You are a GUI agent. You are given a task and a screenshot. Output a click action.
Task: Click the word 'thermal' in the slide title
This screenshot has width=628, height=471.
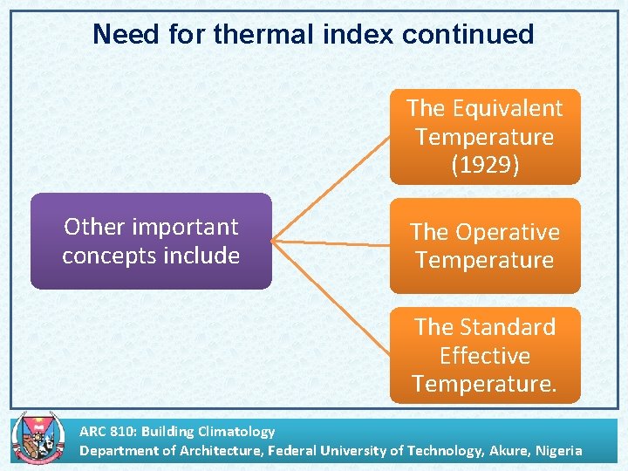coord(259,34)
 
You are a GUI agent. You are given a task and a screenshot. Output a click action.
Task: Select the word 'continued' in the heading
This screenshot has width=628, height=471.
coord(468,34)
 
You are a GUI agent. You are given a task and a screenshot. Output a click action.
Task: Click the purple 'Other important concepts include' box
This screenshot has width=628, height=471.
coord(151,241)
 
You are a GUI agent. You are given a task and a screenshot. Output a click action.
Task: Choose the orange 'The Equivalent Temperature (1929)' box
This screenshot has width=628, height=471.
coord(484,137)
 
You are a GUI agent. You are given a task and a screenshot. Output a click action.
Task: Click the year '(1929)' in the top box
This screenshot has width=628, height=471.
coord(484,166)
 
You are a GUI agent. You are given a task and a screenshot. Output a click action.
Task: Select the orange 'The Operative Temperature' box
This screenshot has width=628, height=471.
coord(484,246)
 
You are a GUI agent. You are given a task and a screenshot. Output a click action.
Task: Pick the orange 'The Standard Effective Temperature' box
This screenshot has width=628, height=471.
coord(484,355)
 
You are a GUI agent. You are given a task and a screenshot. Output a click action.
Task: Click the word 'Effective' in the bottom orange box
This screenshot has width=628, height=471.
coord(484,356)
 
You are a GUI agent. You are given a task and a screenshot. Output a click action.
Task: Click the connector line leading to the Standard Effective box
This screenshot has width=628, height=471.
coord(331,297)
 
